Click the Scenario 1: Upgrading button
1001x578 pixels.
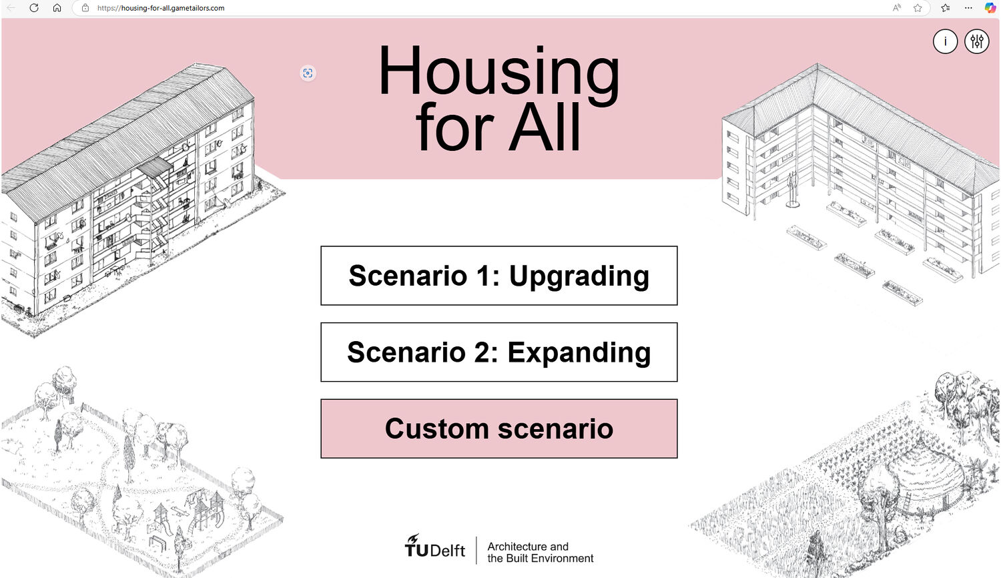coord(498,276)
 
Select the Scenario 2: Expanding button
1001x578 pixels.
coord(498,352)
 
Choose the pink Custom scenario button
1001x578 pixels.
coord(498,428)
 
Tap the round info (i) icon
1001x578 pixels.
coord(945,41)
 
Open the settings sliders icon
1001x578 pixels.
coord(976,41)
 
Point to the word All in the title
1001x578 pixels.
coord(545,127)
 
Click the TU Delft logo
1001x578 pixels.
coord(435,546)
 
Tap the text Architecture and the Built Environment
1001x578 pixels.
coord(540,552)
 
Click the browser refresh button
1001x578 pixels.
coord(34,7)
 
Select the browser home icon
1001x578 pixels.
coord(57,7)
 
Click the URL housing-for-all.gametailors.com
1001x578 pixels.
coord(161,8)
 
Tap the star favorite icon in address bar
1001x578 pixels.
coord(918,7)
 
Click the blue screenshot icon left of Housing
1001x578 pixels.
coord(308,73)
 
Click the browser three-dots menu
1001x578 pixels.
coord(968,7)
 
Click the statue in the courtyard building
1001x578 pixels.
coord(793,190)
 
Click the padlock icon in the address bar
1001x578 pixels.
coord(85,7)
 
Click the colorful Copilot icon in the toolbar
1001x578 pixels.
coord(990,7)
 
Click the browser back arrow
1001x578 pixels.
coord(11,7)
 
